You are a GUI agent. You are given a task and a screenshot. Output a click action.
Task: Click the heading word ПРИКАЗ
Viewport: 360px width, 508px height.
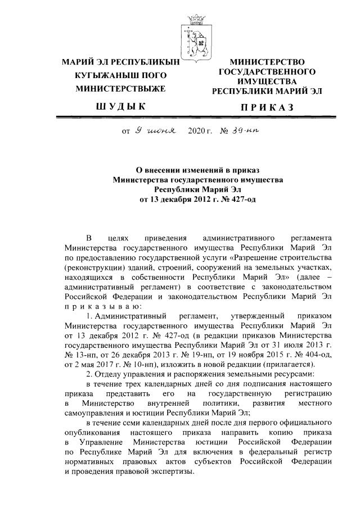coord(267,107)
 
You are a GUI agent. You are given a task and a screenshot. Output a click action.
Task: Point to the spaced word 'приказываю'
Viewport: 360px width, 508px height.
coord(100,306)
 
